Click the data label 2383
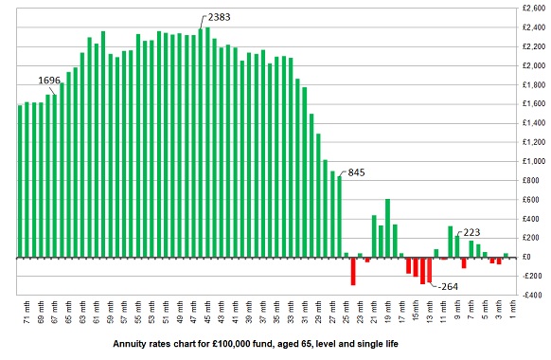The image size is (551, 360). (219, 18)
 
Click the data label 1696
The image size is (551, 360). (49, 81)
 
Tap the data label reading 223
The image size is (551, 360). (471, 231)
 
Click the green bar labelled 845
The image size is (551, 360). (339, 216)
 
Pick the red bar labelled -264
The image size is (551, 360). (429, 270)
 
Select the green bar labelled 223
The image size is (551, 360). (457, 246)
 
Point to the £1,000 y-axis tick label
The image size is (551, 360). (532, 161)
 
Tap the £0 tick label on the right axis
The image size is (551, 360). (527, 257)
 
